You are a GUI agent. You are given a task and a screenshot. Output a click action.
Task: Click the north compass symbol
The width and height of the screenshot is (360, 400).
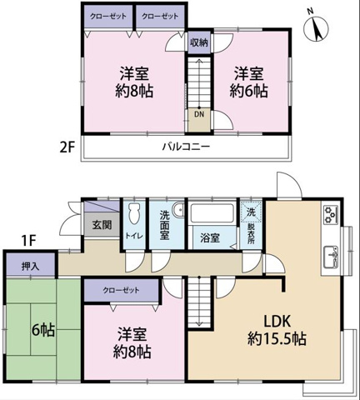coord(316,27)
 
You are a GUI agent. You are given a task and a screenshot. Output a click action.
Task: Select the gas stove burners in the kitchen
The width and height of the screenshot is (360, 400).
coord(331,215)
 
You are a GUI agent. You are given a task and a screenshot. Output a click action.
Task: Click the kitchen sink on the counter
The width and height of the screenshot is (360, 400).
coord(331,257)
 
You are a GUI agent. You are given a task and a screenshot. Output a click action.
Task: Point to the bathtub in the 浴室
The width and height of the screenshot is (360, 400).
coord(212,213)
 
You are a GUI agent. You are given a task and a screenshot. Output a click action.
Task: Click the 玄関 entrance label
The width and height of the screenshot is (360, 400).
coord(102,225)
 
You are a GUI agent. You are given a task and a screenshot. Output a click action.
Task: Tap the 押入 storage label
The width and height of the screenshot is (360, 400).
coord(30,267)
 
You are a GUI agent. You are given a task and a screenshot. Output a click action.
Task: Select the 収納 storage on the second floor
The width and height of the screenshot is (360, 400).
coord(199,42)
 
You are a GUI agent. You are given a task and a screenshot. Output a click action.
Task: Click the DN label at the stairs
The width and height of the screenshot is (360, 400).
coord(199,114)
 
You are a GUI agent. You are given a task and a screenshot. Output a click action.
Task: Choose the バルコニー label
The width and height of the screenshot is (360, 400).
coord(186,147)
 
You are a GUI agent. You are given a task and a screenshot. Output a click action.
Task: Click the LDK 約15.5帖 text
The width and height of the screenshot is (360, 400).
coord(277,330)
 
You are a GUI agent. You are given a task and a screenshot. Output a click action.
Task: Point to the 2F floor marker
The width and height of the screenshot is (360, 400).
coord(67,147)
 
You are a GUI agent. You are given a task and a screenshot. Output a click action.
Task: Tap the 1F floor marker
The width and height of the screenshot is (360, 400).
coord(29,241)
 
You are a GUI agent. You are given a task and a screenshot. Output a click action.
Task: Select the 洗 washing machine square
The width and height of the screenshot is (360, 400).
coord(251,212)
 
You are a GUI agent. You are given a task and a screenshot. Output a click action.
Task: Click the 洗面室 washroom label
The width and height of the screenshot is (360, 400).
coord(165,226)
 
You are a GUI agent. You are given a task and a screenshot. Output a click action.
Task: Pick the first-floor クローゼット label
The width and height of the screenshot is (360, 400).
coord(121,291)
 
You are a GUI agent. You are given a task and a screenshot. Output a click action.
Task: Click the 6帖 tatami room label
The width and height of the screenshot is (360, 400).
coord(43,330)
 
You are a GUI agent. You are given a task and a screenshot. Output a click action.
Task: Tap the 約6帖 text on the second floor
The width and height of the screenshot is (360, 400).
coord(248,91)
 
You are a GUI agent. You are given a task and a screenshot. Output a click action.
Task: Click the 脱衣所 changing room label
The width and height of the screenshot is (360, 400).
coord(252,234)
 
